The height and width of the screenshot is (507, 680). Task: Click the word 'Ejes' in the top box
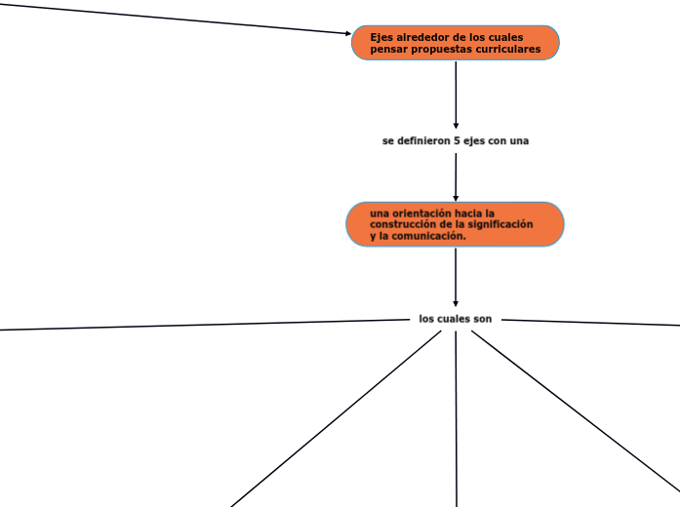click(381, 37)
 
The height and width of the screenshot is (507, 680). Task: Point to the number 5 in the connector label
click(458, 140)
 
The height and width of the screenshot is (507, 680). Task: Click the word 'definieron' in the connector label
click(424, 140)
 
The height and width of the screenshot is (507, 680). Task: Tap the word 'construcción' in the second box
click(403, 224)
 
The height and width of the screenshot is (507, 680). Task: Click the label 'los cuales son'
click(455, 319)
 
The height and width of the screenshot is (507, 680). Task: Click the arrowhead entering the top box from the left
click(347, 33)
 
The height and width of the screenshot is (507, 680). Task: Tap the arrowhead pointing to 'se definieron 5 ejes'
click(456, 126)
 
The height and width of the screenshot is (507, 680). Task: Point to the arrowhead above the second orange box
click(456, 197)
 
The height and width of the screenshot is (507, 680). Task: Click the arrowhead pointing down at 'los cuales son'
click(456, 304)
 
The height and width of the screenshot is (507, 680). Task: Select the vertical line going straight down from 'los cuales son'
click(456, 419)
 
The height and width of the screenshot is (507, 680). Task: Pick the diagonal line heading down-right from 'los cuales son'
click(576, 410)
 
